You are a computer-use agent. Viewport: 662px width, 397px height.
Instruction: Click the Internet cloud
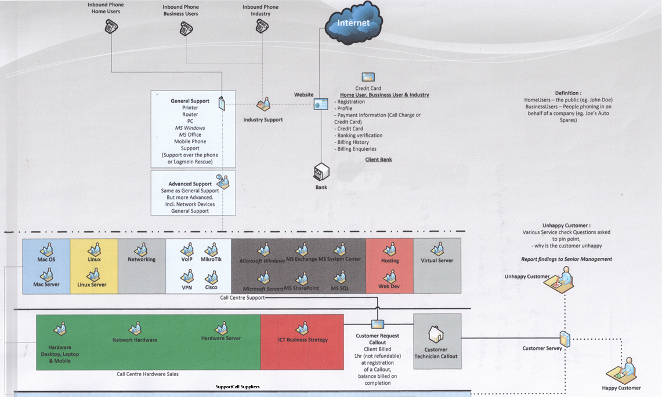[x=353, y=24]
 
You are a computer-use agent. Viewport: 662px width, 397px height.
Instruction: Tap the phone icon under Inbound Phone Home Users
[x=111, y=27]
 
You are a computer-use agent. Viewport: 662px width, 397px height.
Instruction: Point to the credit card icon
[x=368, y=77]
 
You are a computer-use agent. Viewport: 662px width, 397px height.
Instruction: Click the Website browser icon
[x=321, y=104]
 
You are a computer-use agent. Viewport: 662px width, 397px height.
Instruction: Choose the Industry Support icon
[x=264, y=105]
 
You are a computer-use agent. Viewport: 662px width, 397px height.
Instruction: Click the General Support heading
[x=190, y=101]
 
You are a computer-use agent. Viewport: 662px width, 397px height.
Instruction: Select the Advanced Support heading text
[x=190, y=184]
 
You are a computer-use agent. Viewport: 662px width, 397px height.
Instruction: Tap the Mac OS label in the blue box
[x=46, y=260]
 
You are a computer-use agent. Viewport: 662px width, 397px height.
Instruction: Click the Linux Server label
[x=92, y=285]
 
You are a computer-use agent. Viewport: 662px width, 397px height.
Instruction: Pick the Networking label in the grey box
[x=142, y=260]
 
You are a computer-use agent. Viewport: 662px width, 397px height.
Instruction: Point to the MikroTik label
[x=211, y=259]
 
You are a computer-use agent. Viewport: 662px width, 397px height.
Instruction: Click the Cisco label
[x=211, y=287]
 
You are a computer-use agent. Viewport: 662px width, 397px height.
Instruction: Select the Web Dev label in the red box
[x=390, y=286]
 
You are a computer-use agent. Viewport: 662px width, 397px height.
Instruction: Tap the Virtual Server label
[x=437, y=261]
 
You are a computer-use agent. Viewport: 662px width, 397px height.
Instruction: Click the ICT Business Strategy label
[x=302, y=340]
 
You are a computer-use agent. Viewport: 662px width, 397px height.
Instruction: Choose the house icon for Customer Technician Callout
[x=436, y=334]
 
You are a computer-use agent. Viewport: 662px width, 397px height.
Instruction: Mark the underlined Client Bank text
[x=378, y=159]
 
